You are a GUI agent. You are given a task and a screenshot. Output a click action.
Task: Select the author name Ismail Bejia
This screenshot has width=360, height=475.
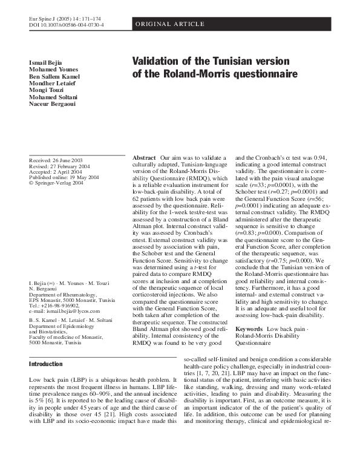pos(45,64)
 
